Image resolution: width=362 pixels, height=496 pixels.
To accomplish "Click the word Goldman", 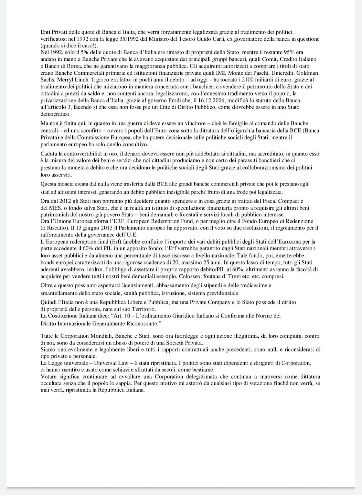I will (307, 73).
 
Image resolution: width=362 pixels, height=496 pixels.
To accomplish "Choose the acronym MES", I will (54, 208).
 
